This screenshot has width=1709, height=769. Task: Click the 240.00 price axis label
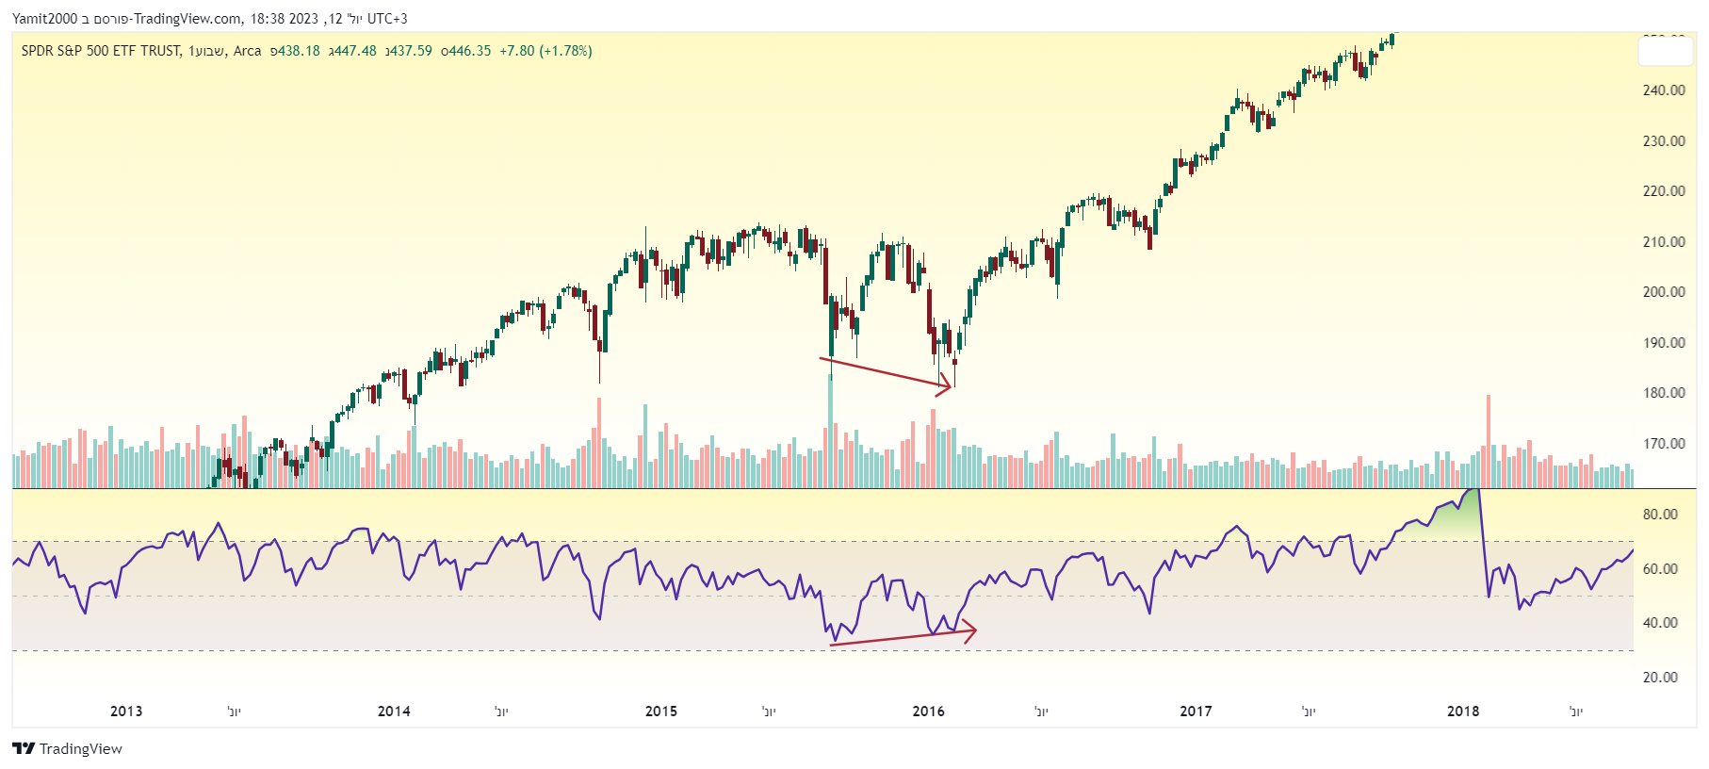pyautogui.click(x=1664, y=90)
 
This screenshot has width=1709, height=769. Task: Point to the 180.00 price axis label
pyautogui.click(x=1664, y=393)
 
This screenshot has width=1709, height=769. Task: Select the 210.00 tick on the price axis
pyautogui.click(x=1664, y=242)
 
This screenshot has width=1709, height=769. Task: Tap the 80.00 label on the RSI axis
pyautogui.click(x=1660, y=515)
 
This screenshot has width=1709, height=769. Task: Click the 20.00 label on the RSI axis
pyautogui.click(x=1660, y=678)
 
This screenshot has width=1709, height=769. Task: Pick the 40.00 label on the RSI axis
pyautogui.click(x=1660, y=623)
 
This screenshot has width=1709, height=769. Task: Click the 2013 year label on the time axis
pyautogui.click(x=126, y=712)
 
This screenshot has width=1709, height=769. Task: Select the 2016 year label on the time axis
pyautogui.click(x=928, y=712)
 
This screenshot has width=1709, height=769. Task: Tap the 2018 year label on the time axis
pyautogui.click(x=1463, y=712)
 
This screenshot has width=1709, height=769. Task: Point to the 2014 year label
pyautogui.click(x=394, y=712)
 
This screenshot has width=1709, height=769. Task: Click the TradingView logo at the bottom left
pyautogui.click(x=67, y=749)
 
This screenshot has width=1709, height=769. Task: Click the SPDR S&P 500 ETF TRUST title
pyautogui.click(x=101, y=51)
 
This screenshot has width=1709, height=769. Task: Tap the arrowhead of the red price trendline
pyautogui.click(x=946, y=384)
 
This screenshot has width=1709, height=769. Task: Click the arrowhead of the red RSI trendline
pyautogui.click(x=970, y=630)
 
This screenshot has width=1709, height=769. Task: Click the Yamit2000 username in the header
pyautogui.click(x=44, y=19)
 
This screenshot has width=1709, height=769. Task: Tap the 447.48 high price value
pyautogui.click(x=355, y=51)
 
